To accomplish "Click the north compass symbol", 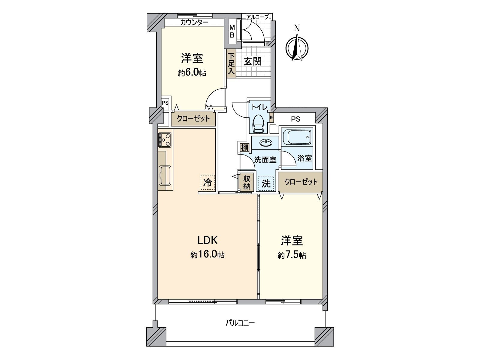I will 297,46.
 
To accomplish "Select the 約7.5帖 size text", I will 292,255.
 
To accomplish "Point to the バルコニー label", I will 240,323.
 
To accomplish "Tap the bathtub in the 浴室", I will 296,137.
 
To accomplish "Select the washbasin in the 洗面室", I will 265,143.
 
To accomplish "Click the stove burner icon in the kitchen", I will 165,139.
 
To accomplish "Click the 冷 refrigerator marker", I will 208,182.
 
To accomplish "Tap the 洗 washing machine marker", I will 266,183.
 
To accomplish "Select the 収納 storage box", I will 247,182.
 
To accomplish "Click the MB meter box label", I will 232,31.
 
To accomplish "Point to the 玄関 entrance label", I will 253,62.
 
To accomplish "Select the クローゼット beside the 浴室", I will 301,182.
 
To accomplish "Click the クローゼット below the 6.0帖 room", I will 193,119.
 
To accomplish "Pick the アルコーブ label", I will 257,17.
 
